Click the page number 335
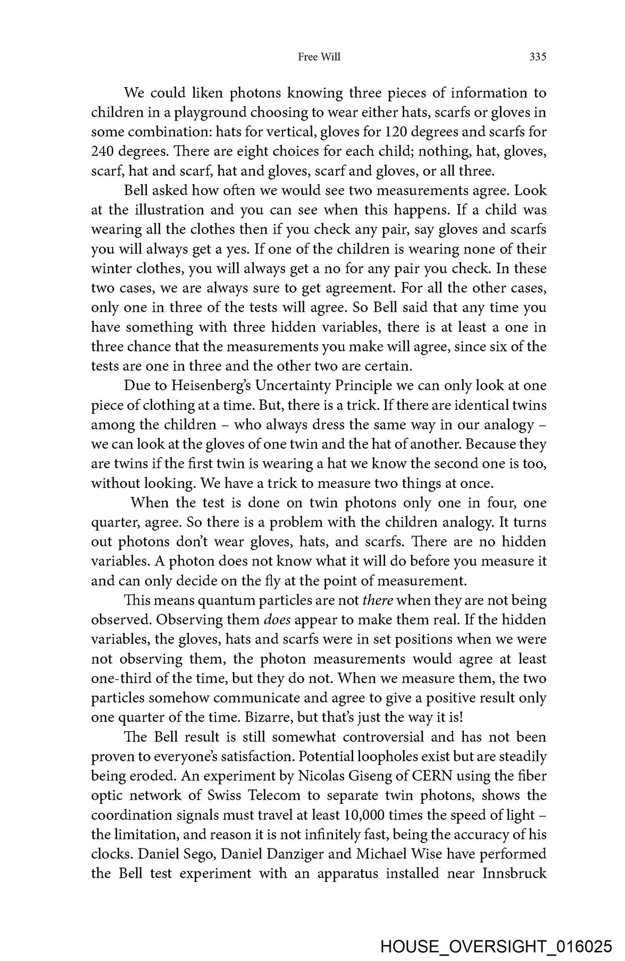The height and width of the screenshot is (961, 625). click(x=537, y=57)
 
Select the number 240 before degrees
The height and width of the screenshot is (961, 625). click(x=104, y=152)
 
